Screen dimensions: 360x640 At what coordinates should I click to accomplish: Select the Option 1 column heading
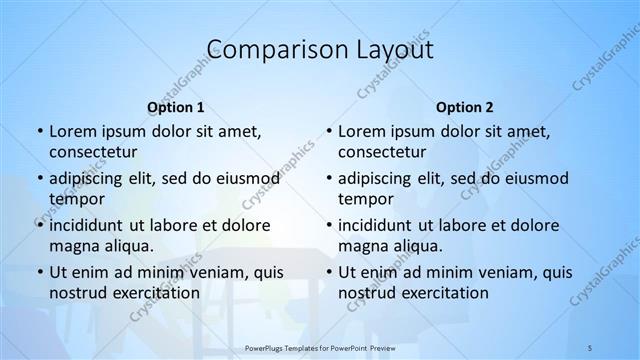click(176, 106)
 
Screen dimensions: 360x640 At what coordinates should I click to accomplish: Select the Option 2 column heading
click(465, 106)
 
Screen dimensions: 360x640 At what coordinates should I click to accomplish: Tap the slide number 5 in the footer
click(591, 348)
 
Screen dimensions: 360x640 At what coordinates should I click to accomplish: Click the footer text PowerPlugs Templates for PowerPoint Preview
click(321, 348)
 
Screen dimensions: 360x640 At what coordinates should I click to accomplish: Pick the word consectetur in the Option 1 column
click(93, 152)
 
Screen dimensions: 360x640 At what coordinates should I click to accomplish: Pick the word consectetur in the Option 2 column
click(382, 152)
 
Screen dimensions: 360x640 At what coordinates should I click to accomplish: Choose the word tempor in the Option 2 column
click(365, 199)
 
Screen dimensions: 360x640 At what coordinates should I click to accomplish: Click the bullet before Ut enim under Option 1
click(38, 272)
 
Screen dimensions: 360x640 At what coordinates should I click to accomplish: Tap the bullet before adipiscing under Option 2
click(327, 178)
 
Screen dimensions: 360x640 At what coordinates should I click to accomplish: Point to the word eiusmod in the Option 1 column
click(246, 178)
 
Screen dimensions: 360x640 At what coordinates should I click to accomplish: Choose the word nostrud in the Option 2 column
click(366, 293)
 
